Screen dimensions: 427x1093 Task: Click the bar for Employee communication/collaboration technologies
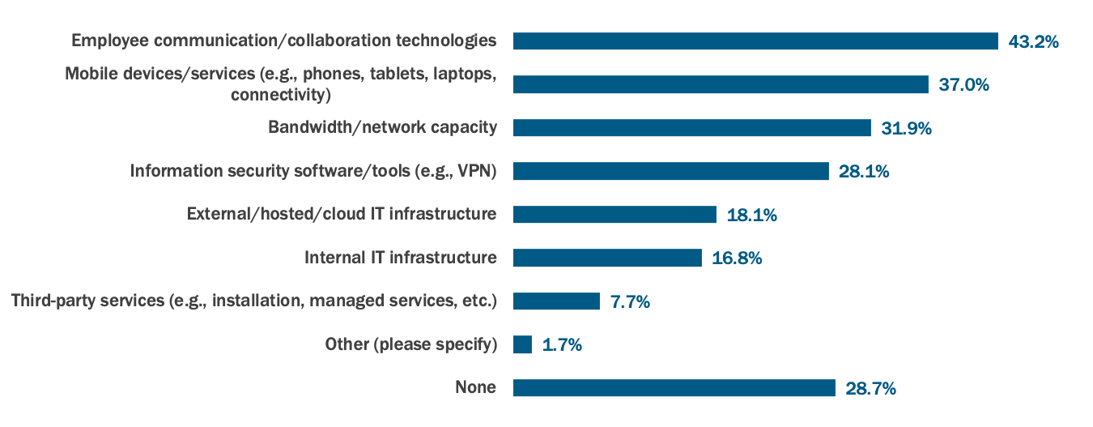[x=755, y=41]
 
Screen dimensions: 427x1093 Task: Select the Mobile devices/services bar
[x=721, y=84]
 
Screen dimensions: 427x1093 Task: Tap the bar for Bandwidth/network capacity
[x=691, y=128]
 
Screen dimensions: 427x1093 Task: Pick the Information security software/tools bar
[x=670, y=171]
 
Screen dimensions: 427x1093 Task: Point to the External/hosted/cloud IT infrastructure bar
[x=615, y=215]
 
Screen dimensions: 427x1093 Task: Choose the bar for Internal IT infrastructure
[x=607, y=258]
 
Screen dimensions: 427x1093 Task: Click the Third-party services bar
[x=556, y=301]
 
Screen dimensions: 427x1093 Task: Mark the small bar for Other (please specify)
[x=522, y=344]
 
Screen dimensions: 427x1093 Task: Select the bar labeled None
[x=674, y=388]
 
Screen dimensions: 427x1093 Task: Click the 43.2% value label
[x=1033, y=41]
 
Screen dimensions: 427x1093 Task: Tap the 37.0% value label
[x=963, y=84]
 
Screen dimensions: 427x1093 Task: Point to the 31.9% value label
[x=906, y=128]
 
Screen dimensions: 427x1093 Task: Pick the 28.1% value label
[x=864, y=171]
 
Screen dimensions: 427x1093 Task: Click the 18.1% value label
[x=751, y=215]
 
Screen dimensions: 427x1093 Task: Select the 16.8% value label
[x=737, y=258]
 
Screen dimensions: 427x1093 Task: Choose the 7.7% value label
[x=630, y=301]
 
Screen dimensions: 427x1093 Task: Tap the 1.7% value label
[x=562, y=344]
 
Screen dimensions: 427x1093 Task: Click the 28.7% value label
[x=870, y=388]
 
